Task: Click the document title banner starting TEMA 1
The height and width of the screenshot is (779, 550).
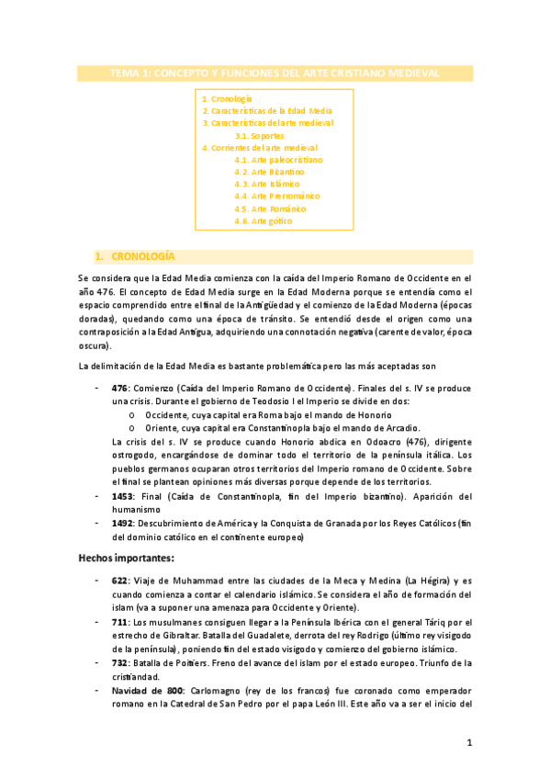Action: [275, 73]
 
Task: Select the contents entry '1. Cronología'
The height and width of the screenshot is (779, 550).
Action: [227, 97]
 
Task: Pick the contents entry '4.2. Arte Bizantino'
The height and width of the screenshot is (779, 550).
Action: [269, 172]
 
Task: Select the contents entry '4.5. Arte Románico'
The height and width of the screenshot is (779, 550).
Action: [269, 209]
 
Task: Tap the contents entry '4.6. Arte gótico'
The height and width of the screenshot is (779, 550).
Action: [264, 220]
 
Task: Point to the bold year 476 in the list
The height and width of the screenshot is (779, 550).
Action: [119, 389]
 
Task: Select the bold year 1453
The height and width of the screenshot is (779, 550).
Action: [123, 496]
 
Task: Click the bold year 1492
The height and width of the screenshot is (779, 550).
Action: [123, 523]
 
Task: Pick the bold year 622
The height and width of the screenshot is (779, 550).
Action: [119, 581]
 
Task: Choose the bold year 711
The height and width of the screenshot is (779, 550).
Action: [119, 621]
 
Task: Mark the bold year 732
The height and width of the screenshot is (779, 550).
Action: [119, 661]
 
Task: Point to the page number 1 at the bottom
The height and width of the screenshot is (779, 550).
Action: [468, 742]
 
